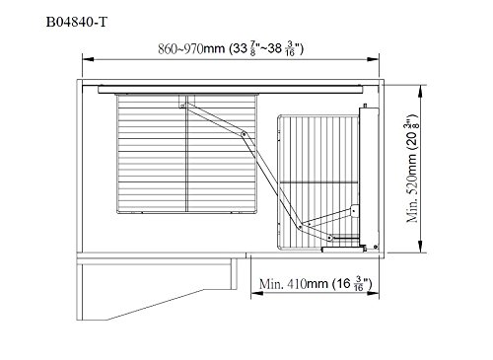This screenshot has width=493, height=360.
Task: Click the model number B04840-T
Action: (x=77, y=22)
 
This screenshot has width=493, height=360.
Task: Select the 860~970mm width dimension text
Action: (x=231, y=49)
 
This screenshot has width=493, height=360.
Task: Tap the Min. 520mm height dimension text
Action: (x=412, y=169)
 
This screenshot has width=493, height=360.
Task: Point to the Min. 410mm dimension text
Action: (x=316, y=284)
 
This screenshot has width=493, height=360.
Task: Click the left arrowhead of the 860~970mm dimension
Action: (x=88, y=59)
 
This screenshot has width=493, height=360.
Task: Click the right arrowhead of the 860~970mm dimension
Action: (x=373, y=59)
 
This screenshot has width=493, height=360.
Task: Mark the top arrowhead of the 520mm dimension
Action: (x=420, y=91)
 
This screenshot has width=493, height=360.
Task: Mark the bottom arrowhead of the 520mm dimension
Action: (x=420, y=247)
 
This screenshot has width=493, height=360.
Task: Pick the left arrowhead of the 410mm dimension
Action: (x=257, y=293)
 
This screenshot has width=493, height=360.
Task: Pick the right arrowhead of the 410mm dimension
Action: (x=373, y=293)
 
